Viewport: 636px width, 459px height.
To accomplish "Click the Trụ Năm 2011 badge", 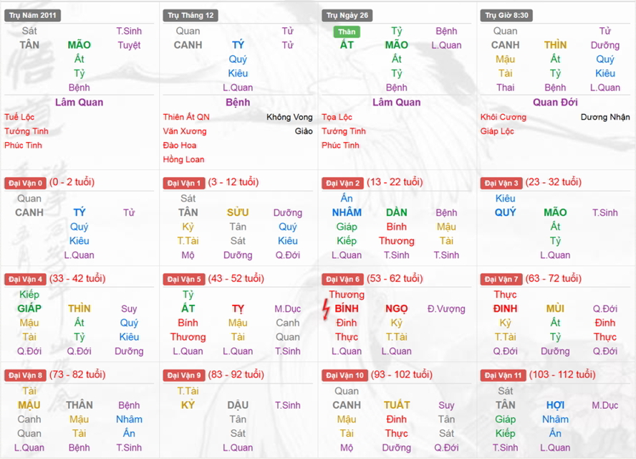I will [x=32, y=15].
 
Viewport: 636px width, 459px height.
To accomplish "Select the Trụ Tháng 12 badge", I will [x=191, y=15].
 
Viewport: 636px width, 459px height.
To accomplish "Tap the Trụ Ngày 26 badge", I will [x=348, y=15].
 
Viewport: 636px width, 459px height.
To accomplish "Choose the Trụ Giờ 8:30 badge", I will [x=506, y=15].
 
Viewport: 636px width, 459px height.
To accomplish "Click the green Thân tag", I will [x=347, y=32].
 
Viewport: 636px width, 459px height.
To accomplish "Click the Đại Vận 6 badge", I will [x=343, y=279].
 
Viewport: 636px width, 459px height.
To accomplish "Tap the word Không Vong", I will [x=289, y=117].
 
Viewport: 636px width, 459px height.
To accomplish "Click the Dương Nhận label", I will [x=605, y=117].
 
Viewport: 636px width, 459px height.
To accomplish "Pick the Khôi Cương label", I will [x=503, y=117].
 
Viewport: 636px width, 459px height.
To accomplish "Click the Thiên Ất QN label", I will [x=186, y=117].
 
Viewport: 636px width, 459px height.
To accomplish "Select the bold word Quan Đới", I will [x=555, y=102].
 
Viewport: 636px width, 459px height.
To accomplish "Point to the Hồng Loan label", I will [x=183, y=159].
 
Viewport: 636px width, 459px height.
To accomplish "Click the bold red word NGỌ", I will [x=396, y=308].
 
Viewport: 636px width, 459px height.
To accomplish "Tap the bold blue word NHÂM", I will [x=347, y=212].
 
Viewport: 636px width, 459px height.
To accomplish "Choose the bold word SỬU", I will [x=238, y=212].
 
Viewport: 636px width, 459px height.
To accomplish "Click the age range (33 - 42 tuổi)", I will [x=77, y=278].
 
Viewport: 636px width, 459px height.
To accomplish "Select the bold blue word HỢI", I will [x=555, y=405].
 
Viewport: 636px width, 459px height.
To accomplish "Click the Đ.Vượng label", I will [x=446, y=309].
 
